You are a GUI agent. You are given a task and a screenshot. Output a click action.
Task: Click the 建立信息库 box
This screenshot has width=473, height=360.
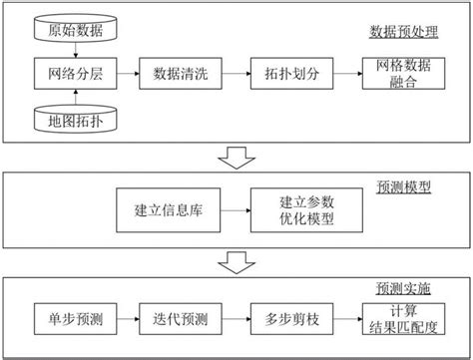coord(162,211)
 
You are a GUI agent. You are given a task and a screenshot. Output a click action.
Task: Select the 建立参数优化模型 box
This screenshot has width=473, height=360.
coord(294,211)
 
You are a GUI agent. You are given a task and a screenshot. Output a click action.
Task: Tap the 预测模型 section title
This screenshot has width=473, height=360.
coord(403,186)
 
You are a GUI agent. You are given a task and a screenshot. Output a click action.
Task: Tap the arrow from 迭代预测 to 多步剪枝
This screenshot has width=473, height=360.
coord(235,318)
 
